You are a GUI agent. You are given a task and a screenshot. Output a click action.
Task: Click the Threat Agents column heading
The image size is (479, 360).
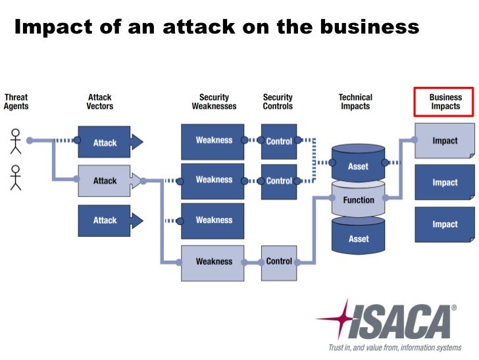pyautogui.click(x=16, y=102)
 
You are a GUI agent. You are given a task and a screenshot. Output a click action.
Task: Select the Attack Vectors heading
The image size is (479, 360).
pyautogui.click(x=100, y=102)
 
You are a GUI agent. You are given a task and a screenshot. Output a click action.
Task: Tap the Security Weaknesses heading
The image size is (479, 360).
pyautogui.click(x=214, y=102)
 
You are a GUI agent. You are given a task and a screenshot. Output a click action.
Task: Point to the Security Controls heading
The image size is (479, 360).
pyautogui.click(x=278, y=102)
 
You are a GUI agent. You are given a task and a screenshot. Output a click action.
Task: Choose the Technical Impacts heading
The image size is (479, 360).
pyautogui.click(x=355, y=102)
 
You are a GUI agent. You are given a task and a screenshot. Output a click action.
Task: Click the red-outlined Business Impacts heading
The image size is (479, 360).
pyautogui.click(x=445, y=102)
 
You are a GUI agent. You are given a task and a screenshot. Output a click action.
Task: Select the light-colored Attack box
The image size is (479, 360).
pyautogui.click(x=105, y=181)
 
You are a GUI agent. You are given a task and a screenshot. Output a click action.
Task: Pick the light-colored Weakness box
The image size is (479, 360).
pyautogui.click(x=213, y=261)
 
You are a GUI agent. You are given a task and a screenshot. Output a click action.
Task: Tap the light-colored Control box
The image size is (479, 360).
pyautogui.click(x=279, y=261)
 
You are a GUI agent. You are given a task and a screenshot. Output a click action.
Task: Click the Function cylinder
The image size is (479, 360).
pyautogui.click(x=359, y=200)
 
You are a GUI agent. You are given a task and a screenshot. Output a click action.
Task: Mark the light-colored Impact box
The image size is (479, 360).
pyautogui.click(x=445, y=141)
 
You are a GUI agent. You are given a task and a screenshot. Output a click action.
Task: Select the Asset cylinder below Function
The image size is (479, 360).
pyautogui.click(x=359, y=238)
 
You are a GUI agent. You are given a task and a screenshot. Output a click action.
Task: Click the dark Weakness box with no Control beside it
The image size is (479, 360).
pyautogui.click(x=213, y=220)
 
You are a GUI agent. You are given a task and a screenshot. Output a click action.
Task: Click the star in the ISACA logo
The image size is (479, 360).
pyautogui.click(x=338, y=319)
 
